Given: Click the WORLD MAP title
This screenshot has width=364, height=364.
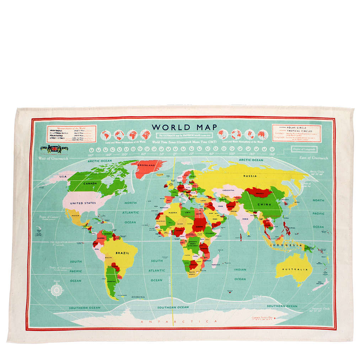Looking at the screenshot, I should pos(184,127).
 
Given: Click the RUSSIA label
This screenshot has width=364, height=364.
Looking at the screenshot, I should pos(250,176).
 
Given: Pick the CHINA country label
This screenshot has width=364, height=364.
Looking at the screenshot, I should pos(264,204).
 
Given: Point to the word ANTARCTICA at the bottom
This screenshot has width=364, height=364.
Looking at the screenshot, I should pos(179,322).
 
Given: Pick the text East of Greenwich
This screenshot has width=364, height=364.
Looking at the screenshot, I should pos(314,158).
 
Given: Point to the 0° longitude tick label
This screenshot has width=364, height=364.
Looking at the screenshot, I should pos(175,154).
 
